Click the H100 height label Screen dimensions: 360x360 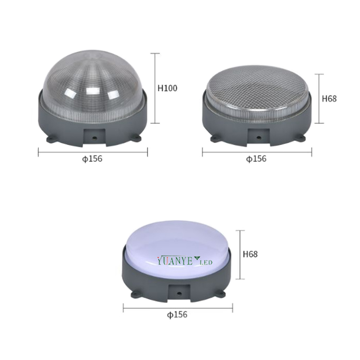pos(168,88)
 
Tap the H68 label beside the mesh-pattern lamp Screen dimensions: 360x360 pos(329,98)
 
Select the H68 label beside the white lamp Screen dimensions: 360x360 pos(250,254)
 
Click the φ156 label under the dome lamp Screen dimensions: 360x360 pos(92,159)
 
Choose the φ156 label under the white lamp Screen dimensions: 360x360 pos(177,315)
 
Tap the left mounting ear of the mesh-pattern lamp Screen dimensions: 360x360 pos(215,139)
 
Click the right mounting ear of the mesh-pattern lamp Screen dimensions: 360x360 pos(301,139)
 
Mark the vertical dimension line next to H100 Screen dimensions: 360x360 pos(155,88)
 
